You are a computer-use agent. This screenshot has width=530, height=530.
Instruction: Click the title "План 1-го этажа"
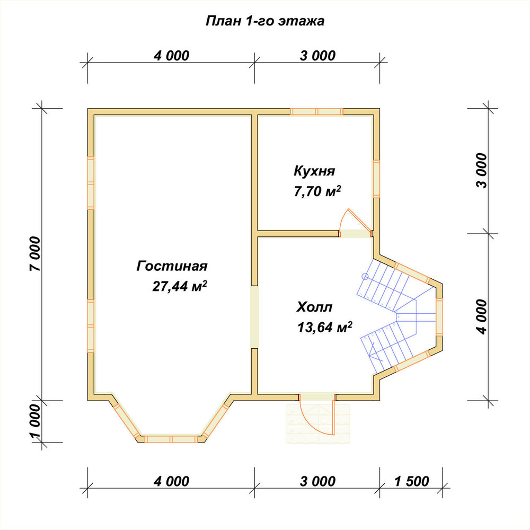265,21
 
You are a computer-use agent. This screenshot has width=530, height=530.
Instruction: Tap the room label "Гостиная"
172,266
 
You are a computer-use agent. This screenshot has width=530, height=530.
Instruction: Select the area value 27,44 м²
180,286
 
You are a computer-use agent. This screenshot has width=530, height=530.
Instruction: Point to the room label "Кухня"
314,171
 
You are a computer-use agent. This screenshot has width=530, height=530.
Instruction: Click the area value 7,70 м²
317,191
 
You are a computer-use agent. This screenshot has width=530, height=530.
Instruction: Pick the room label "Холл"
314,307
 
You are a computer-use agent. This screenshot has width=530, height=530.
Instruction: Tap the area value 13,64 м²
324,327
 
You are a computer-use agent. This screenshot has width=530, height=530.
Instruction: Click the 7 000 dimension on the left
35,254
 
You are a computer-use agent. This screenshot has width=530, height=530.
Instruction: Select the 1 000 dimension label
35,421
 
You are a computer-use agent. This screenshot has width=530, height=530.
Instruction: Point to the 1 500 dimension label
412,481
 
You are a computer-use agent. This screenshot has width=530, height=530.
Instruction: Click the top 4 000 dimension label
171,56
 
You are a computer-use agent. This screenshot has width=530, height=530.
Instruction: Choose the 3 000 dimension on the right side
482,170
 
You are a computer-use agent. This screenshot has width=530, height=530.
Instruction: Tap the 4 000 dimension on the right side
482,317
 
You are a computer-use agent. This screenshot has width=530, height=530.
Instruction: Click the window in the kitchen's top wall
317,111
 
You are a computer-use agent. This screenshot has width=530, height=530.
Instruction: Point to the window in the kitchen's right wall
376,179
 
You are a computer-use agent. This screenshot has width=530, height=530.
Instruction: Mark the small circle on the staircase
365,277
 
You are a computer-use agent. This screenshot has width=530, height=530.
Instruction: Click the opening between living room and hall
254,317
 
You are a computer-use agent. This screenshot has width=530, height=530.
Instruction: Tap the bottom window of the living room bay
171,439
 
